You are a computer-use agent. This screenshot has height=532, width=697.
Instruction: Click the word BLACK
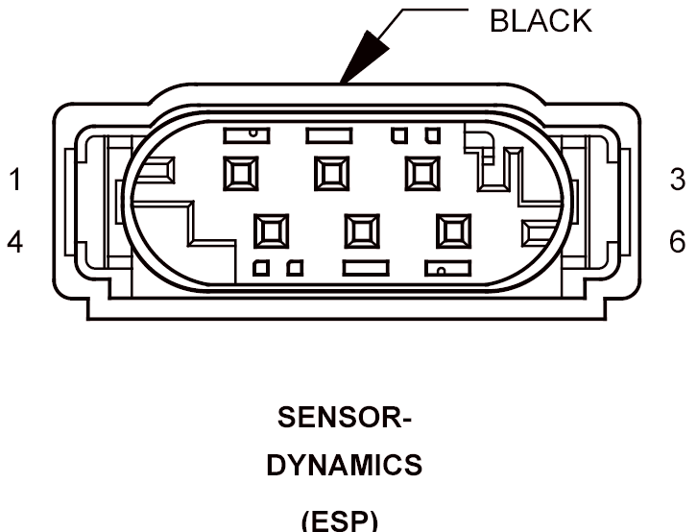(541, 21)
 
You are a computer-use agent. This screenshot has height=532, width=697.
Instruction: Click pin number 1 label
(15, 180)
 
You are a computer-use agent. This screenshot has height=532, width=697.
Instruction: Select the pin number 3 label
(678, 180)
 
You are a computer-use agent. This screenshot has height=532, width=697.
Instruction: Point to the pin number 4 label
(14, 242)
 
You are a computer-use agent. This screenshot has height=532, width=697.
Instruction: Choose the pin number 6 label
(678, 242)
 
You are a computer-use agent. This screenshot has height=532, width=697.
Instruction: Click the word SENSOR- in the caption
(345, 418)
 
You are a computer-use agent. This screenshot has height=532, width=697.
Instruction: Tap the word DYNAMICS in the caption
(345, 466)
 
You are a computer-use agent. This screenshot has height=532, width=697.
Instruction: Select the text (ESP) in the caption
(340, 520)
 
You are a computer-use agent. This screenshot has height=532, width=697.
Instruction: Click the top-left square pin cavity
(240, 174)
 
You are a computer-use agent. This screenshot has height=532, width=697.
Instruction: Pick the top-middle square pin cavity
(331, 174)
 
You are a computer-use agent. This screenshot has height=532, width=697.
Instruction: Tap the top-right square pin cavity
(422, 174)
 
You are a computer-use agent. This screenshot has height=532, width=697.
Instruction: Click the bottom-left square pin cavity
(271, 231)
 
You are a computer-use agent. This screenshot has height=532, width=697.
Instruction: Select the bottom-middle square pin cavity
(362, 231)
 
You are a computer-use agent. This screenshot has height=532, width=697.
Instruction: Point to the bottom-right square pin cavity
(453, 231)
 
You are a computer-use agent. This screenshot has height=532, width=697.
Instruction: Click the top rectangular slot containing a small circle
(247, 135)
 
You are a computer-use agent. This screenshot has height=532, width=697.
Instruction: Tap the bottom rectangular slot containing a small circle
(448, 269)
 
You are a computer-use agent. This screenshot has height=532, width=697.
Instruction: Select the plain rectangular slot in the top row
(329, 135)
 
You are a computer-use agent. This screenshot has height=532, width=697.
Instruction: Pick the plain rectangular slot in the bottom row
(367, 269)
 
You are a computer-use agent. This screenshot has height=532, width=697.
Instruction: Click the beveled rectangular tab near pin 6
(539, 233)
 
